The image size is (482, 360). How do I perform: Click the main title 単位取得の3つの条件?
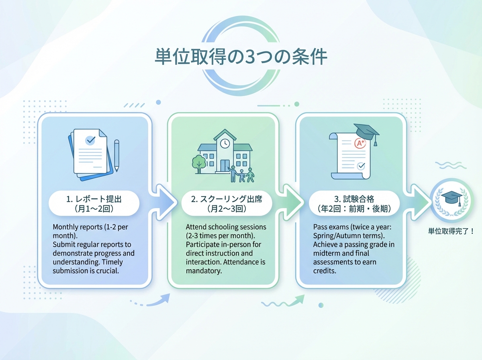[x=241, y=57]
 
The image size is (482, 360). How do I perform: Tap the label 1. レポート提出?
[x=94, y=199]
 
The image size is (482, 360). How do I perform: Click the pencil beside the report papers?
[x=116, y=155]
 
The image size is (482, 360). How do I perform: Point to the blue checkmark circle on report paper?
[x=90, y=140]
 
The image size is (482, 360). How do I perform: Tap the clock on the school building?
[x=225, y=142]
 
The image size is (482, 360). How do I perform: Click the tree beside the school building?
[x=198, y=163]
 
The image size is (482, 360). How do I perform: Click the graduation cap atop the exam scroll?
[x=367, y=132]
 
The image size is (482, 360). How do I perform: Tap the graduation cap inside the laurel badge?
[x=451, y=197]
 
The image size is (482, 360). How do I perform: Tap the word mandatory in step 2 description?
[x=204, y=271]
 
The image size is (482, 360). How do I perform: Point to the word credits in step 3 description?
[x=325, y=271]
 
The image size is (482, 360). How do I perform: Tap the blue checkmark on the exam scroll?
[x=361, y=165]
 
